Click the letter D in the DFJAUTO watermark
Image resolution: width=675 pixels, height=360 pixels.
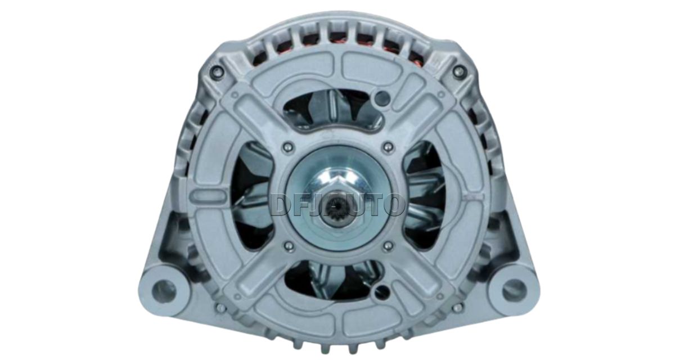pyautogui.click(x=282, y=205)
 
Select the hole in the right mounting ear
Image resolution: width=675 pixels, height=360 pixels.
pyautogui.click(x=512, y=285)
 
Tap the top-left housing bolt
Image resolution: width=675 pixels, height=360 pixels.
pyautogui.click(x=218, y=70)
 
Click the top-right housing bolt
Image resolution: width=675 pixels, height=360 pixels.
pyautogui.click(x=458, y=70)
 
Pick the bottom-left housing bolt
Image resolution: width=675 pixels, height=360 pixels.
pyautogui.click(x=220, y=307)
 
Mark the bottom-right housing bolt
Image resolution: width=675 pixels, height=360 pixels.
pyautogui.click(x=457, y=307)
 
